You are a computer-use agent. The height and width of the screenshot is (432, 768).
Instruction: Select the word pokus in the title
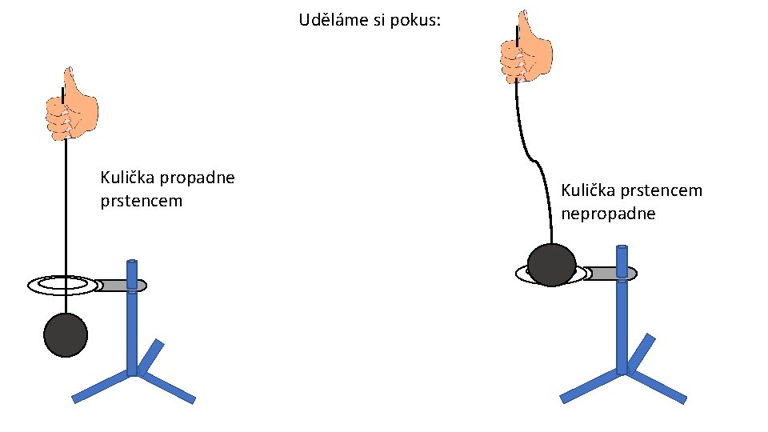click(415, 19)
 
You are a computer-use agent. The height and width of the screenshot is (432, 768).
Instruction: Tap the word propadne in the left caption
click(198, 178)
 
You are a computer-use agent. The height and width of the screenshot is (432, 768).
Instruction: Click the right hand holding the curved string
click(526, 50)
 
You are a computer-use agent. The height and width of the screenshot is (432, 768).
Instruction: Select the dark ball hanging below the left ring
click(65, 334)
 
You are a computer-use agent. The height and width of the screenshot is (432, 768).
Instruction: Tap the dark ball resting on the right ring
click(551, 264)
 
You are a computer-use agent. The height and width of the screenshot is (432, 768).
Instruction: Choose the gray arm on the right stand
click(608, 274)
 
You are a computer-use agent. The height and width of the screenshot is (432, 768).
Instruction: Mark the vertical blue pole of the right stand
click(622, 320)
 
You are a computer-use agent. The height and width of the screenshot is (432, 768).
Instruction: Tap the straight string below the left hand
click(65, 208)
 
